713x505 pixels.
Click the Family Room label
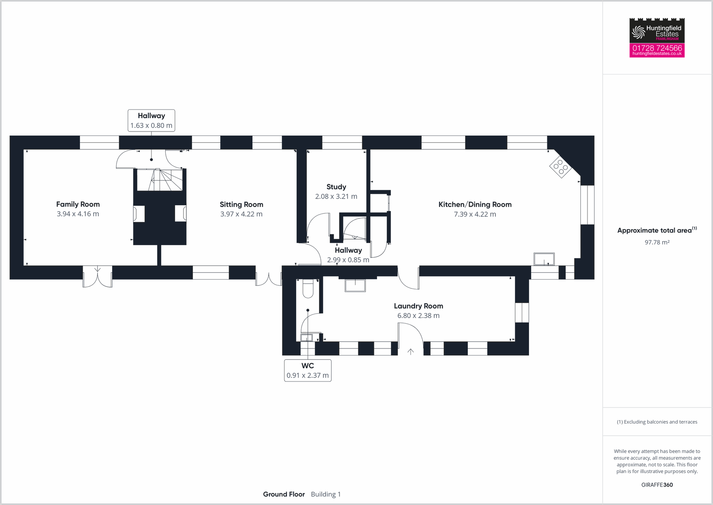click(78, 204)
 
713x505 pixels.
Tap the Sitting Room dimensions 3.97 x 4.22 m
click(241, 214)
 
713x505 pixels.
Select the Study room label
click(336, 187)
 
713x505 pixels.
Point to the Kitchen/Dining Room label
click(475, 204)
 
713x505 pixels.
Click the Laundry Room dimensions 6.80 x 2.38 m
click(418, 316)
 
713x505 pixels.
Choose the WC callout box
click(307, 370)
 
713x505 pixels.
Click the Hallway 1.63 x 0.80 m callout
click(151, 120)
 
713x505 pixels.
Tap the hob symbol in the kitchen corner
click(561, 167)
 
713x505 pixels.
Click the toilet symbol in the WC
click(308, 289)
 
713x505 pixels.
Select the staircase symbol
click(160, 180)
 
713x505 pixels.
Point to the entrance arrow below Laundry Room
click(411, 352)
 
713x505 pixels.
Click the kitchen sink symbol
click(544, 259)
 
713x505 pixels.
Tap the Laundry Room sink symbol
click(355, 285)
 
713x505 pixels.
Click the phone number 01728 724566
click(657, 48)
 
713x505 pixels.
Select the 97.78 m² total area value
click(657, 242)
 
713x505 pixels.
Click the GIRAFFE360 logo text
click(657, 485)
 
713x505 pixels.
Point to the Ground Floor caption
click(284, 494)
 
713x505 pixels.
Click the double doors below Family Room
click(97, 276)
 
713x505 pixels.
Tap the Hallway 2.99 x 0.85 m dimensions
click(348, 260)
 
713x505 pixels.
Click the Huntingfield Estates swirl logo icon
click(638, 32)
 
